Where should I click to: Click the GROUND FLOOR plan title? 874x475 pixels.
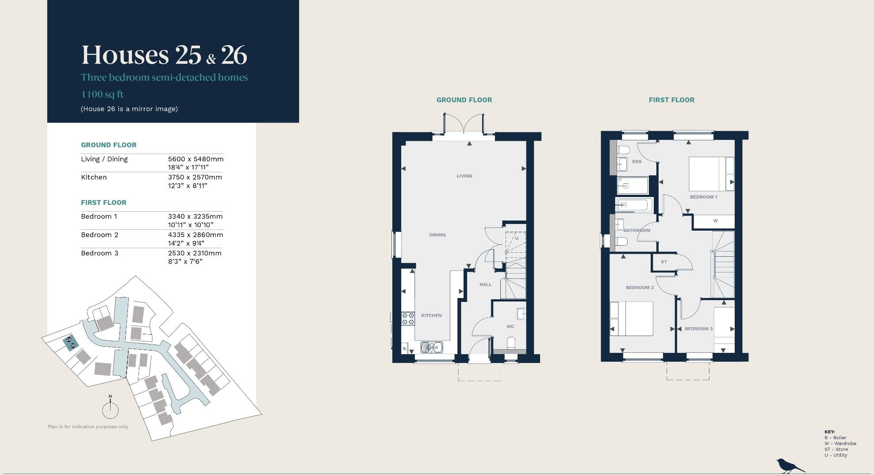464,100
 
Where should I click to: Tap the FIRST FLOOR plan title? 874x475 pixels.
671,100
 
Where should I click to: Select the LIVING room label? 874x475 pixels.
464,176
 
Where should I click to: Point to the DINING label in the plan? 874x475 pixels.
437,235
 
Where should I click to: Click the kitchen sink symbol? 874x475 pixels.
431,348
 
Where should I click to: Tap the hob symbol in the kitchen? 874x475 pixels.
408,319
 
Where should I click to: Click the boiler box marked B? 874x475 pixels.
404,349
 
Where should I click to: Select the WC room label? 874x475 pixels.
510,327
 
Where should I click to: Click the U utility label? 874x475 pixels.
516,239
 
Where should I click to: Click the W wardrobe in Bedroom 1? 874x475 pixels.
715,221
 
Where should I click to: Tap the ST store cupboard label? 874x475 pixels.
663,262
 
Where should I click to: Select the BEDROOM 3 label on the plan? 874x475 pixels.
698,329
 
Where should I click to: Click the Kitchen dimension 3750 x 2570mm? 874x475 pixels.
195,178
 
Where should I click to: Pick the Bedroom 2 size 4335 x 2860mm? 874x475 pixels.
195,235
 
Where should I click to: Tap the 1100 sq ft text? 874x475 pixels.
102,94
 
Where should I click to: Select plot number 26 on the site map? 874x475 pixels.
69,340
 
